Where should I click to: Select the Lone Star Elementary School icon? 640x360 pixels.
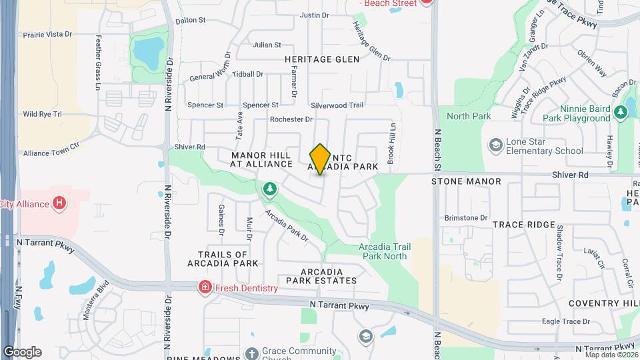tap(495, 145)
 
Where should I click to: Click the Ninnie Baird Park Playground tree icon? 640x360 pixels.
tap(620, 112)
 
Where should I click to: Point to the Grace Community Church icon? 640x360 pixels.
tap(251, 353)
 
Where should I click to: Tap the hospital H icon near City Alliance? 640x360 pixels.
tap(60, 203)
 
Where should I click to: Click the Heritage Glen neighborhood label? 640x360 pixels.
tap(322, 59)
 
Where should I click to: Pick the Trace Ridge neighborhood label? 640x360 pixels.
tap(524, 225)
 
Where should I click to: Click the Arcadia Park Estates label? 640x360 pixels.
tap(321, 276)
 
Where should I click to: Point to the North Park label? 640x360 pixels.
tap(469, 116)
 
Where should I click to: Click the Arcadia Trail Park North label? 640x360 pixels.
tap(385, 251)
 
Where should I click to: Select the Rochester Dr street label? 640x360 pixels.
tap(291, 119)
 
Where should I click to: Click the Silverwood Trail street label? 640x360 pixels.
tap(337, 105)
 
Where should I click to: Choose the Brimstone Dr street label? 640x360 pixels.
tap(467, 218)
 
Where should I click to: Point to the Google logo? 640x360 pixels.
tap(22, 352)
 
